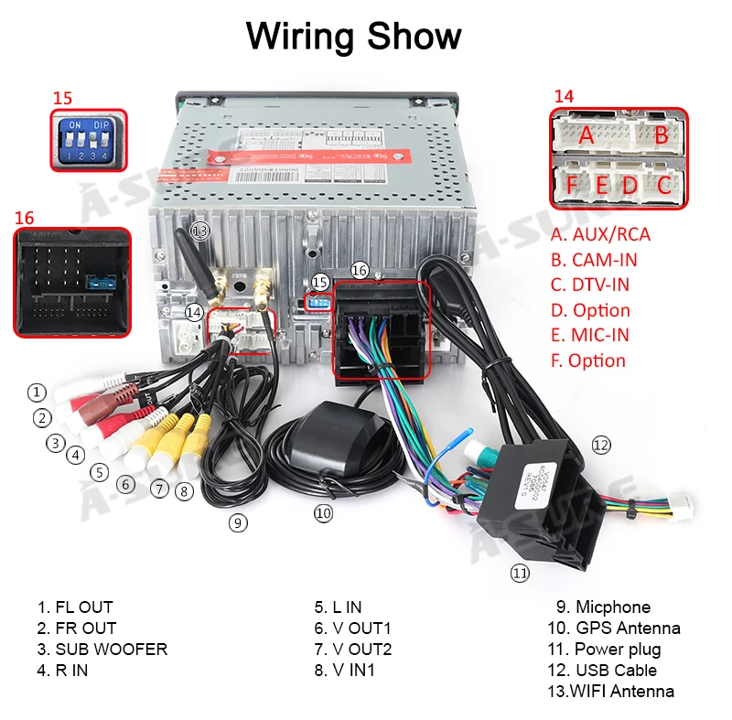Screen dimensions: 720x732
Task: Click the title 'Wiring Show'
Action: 353,38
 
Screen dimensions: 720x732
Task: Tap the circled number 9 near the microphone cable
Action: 238,523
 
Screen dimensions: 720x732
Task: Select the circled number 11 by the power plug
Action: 520,574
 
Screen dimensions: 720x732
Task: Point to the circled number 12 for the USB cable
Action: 600,446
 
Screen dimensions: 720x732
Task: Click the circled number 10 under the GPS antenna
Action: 323,513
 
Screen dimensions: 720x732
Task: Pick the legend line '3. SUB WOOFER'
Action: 102,650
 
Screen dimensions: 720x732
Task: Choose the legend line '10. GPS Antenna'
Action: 614,629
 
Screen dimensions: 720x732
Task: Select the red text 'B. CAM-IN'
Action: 600,260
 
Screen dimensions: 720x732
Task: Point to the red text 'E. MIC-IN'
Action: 590,336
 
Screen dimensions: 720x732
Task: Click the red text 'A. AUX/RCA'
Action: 600,234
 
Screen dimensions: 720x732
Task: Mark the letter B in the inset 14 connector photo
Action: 661,134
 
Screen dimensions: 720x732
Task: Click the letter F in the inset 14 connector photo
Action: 572,185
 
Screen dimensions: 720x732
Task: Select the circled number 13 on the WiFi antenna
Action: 199,230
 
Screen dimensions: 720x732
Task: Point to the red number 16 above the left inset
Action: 24,219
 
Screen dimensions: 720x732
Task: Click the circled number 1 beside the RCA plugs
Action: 37,392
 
